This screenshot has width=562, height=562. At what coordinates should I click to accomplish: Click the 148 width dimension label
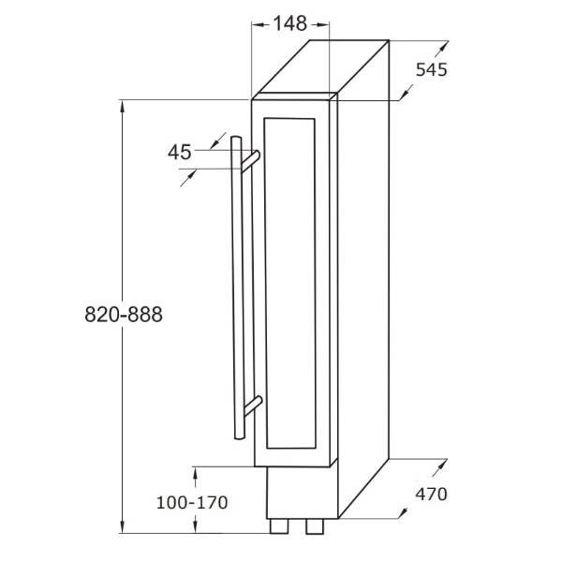coord(290,24)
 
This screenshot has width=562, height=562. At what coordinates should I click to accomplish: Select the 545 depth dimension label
coord(432,69)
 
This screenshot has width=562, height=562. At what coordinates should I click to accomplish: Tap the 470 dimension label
coord(431,495)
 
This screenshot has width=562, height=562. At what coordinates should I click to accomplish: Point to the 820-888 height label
coord(124,315)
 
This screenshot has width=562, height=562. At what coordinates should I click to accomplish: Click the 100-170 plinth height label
coord(192,502)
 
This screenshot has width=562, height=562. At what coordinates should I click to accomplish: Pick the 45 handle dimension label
coord(180,153)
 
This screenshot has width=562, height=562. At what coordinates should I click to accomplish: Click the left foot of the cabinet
coord(279,526)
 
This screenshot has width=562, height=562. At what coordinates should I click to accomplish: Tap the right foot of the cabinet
coord(315,526)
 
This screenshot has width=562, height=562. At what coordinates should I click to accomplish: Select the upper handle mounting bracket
coord(250,162)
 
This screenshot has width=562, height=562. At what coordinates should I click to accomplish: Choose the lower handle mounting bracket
coord(253,407)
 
